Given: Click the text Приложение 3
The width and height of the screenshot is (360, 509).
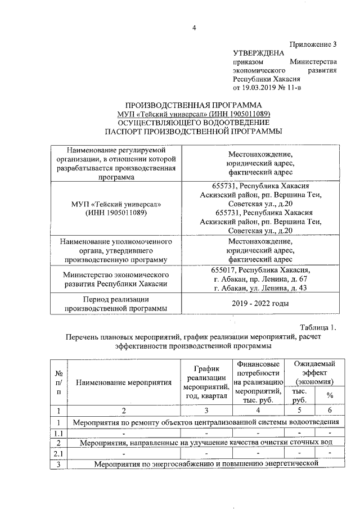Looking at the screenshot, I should coord(313,44).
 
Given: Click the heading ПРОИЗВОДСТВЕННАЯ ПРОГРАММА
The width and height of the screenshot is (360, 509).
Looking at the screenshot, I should coord(193,105).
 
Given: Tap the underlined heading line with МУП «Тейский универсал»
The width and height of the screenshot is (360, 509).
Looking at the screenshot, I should coord(193,114).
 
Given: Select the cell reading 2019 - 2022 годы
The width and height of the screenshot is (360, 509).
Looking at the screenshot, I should coord(260,304).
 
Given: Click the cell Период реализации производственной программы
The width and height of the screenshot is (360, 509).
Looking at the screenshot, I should coord(116,304).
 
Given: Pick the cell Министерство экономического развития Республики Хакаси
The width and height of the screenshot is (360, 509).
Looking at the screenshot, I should coord(116,280).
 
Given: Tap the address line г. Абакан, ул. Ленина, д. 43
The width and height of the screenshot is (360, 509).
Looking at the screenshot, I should coord(260,289).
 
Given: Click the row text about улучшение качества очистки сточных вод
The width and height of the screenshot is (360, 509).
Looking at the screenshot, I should coord(206,443).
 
